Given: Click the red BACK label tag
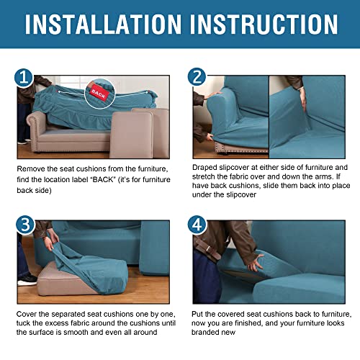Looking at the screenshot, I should click(x=96, y=92).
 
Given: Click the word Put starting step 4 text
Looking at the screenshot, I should click(x=199, y=315).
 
